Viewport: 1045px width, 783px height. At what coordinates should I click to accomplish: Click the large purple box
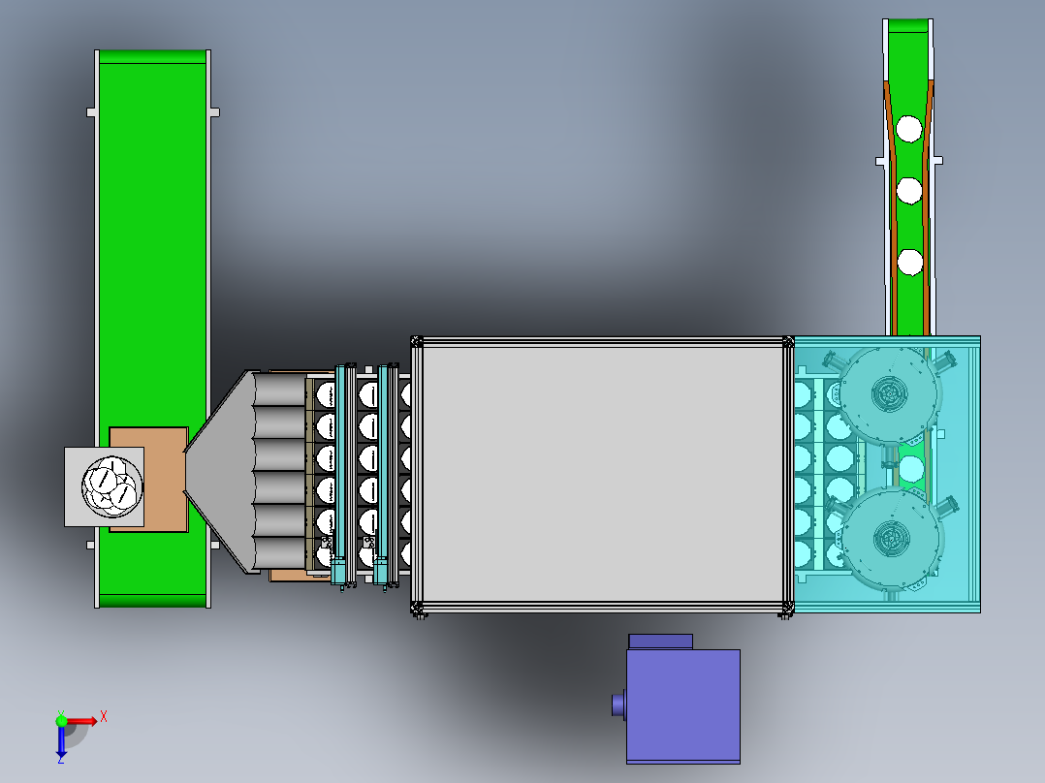click(x=683, y=705)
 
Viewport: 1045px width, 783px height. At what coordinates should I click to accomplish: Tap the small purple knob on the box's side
click(x=618, y=705)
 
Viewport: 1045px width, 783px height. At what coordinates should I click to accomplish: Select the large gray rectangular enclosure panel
click(x=603, y=474)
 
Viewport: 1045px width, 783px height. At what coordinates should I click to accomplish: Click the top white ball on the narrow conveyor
click(x=909, y=129)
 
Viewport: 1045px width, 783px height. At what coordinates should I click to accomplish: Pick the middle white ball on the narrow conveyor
click(x=909, y=191)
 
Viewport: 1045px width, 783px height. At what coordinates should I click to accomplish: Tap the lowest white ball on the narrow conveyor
click(x=909, y=263)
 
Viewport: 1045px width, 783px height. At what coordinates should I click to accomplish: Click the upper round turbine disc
click(x=889, y=394)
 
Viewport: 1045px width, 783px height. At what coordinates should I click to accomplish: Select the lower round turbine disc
click(x=890, y=539)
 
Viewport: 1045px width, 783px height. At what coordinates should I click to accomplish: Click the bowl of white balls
click(x=112, y=486)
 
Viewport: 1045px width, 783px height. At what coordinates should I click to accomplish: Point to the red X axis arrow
click(x=80, y=721)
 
